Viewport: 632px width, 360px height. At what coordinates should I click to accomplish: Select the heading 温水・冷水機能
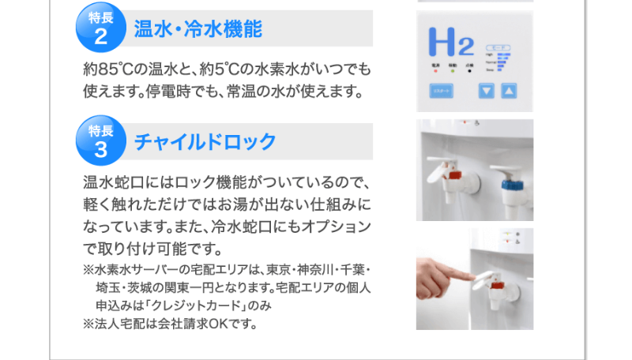[197, 31]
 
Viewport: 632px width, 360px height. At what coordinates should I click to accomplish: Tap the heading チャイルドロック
[205, 142]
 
